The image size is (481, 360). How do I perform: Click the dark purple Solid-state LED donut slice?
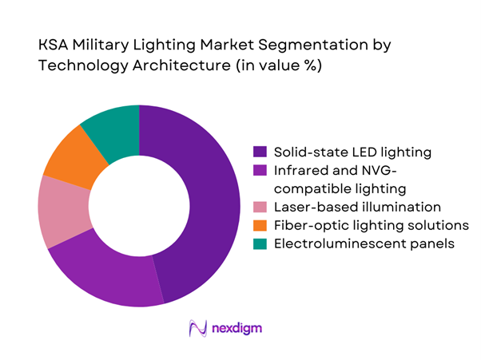coord(205,200)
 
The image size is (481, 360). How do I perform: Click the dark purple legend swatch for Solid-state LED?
coord(260,151)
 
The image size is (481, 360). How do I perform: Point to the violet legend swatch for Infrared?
coord(260,169)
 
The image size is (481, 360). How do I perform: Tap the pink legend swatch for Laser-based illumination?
coord(260,206)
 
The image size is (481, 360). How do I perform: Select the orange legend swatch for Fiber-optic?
coord(260,224)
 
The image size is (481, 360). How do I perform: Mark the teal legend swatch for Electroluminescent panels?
coord(260,243)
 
